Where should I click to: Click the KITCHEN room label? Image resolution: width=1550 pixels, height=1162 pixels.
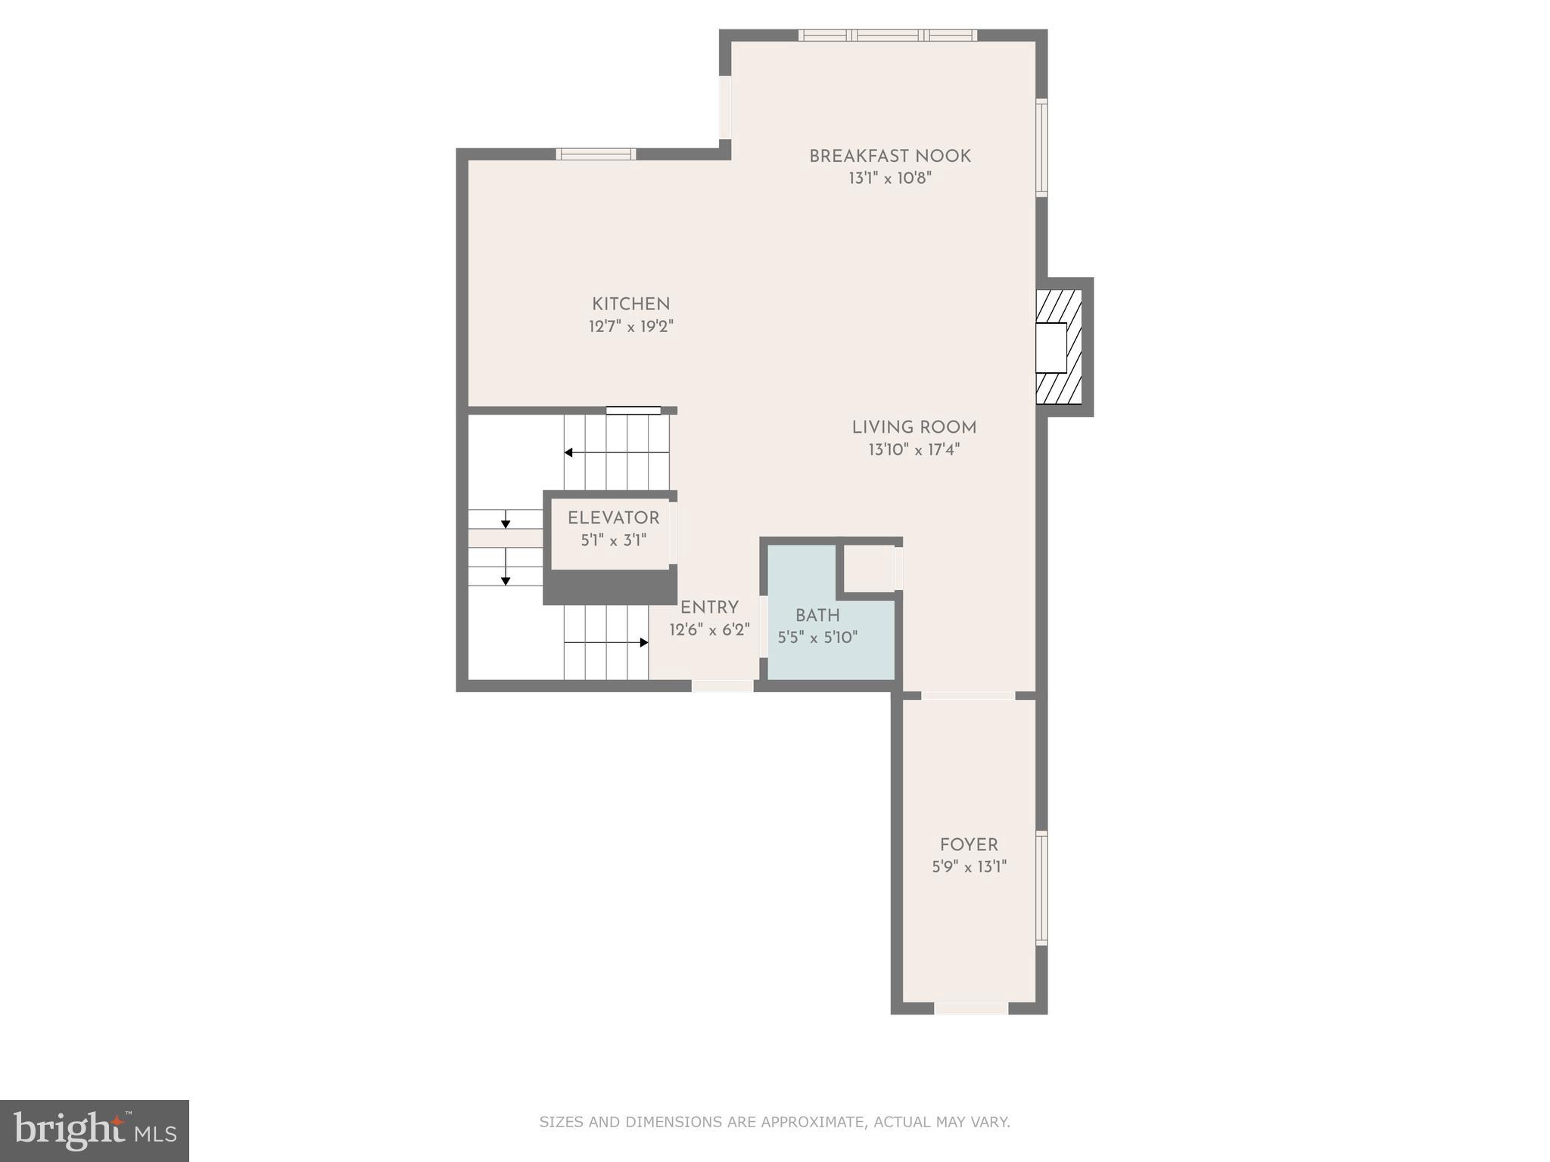630,304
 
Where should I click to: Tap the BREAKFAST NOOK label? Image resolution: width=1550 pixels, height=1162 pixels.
889,157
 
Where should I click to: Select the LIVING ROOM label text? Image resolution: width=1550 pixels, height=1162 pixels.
914,427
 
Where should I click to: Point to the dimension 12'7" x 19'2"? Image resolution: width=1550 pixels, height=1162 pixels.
630,327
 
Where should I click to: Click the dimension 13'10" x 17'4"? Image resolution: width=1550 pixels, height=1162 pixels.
914,450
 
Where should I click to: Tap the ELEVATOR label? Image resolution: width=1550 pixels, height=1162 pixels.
613,518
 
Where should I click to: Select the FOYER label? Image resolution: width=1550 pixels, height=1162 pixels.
969,845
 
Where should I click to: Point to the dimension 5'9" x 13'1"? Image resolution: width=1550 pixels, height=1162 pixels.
969,867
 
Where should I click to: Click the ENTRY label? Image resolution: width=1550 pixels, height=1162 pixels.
709,607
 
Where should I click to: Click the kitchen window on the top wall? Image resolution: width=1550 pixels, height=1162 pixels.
596,154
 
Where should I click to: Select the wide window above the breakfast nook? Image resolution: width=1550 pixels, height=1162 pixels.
887,35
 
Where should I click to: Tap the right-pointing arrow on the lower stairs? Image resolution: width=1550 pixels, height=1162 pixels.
643,642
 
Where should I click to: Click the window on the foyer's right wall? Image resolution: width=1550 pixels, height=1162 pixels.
1041,887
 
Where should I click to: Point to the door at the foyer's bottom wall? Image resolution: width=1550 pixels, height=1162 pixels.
971,1008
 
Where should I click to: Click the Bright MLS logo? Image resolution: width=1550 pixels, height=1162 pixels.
95,1131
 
